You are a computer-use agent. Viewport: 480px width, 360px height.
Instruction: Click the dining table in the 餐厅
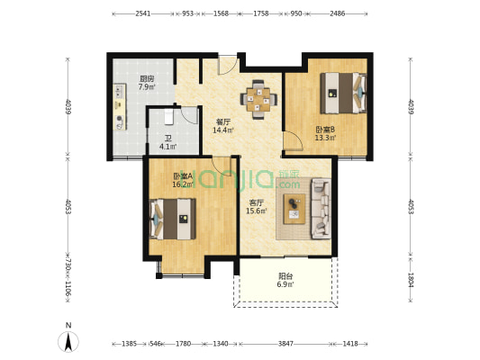pyautogui.click(x=258, y=99)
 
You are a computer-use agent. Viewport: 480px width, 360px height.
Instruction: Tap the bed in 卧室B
pyautogui.click(x=343, y=93)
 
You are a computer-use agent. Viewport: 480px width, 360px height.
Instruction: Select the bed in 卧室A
pyautogui.click(x=173, y=219)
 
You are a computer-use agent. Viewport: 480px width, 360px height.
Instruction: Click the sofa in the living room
pyautogui.click(x=322, y=209)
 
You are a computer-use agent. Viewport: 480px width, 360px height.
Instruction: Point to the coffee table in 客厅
pyautogui.click(x=294, y=209)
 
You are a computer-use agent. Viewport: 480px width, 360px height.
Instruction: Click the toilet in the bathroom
pyautogui.click(x=169, y=116)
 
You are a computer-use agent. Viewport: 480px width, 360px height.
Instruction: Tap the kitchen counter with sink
pyautogui.click(x=120, y=107)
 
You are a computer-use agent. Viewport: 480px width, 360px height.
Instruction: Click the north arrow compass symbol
pyautogui.click(x=68, y=341)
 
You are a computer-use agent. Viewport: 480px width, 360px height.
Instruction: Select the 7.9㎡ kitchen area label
pyautogui.click(x=147, y=87)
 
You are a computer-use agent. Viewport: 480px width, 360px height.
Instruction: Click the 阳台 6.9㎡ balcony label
pyautogui.click(x=285, y=280)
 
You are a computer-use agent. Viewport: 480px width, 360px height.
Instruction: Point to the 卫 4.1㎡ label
pyautogui.click(x=168, y=142)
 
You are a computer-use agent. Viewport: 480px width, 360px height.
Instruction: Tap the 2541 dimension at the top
pyautogui.click(x=142, y=13)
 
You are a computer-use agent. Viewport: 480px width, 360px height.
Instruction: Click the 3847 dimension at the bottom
pyautogui.click(x=285, y=344)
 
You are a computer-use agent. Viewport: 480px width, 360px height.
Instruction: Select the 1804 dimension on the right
pyautogui.click(x=411, y=280)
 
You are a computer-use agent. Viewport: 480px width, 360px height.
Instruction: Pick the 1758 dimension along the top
pyautogui.click(x=261, y=13)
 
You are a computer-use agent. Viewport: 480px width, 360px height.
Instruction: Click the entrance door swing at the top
pyautogui.click(x=228, y=65)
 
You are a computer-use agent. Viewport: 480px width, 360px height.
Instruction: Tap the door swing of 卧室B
pyautogui.click(x=293, y=140)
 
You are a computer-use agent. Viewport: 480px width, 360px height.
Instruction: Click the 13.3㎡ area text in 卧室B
pyautogui.click(x=326, y=138)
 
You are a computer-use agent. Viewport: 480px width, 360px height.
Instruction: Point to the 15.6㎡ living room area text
pyautogui.click(x=257, y=211)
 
